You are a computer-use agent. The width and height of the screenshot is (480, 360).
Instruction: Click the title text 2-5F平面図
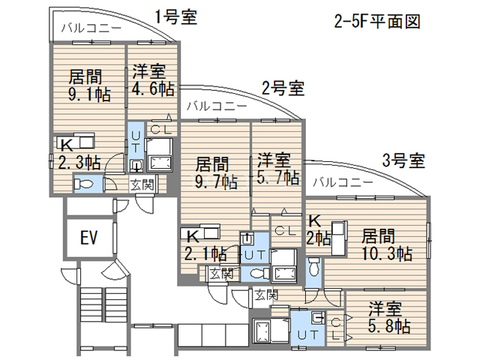click(x=377, y=20)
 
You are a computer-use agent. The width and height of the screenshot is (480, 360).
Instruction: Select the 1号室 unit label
click(x=176, y=17)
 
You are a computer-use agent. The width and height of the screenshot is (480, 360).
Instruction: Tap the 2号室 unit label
click(x=283, y=88)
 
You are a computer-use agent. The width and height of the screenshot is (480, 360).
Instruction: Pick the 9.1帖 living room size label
click(x=85, y=94)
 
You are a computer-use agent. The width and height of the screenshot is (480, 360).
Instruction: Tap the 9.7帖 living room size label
click(x=213, y=181)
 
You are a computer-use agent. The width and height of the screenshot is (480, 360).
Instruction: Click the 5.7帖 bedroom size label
click(x=277, y=178)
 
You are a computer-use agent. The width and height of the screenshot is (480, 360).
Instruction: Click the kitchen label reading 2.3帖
click(x=78, y=161)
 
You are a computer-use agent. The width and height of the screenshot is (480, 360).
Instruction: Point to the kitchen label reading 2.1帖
click(x=205, y=253)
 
